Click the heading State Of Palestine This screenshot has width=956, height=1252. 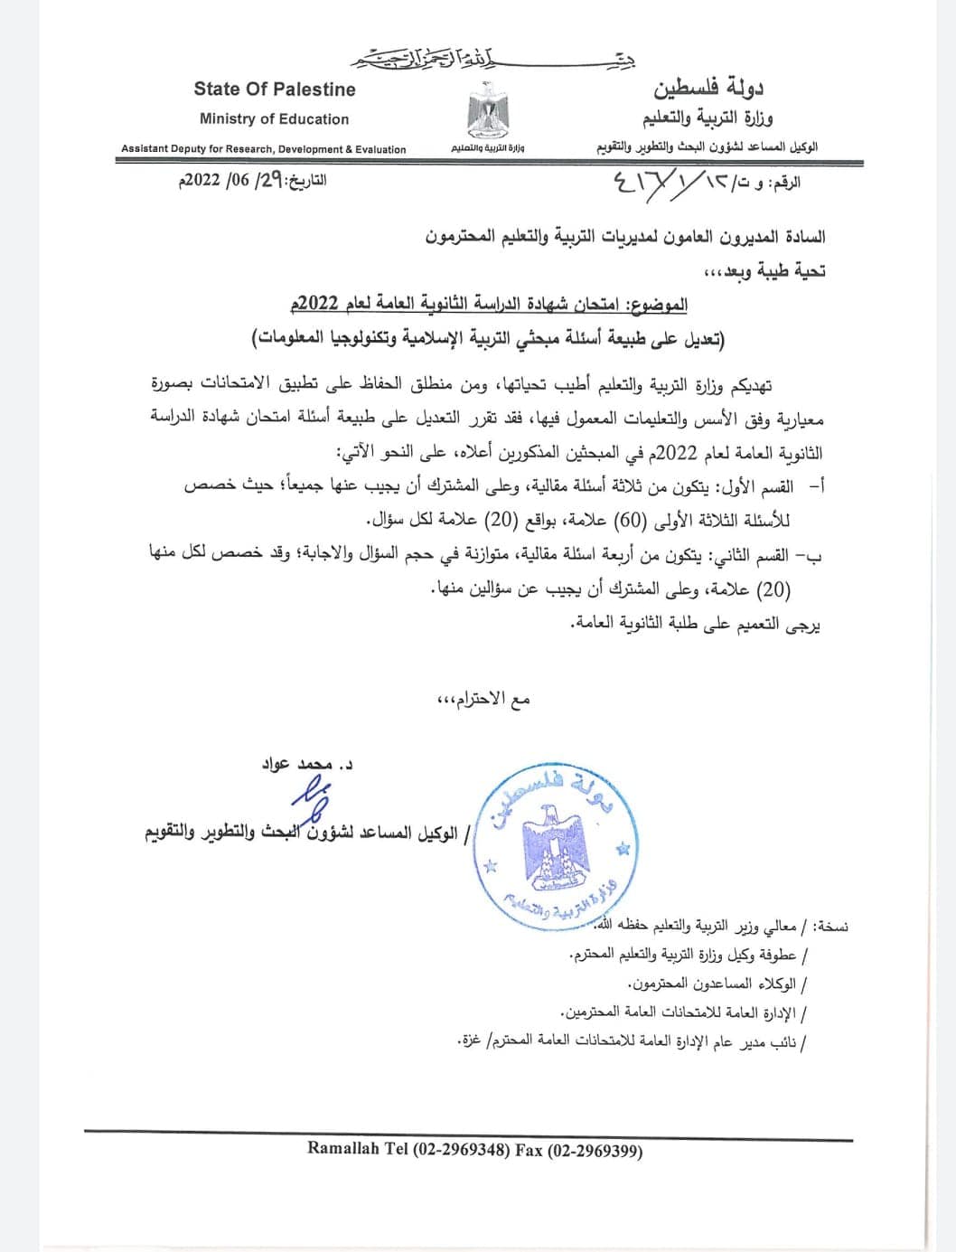click(274, 89)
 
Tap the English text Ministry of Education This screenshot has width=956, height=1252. click(274, 119)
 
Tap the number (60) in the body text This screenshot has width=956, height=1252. click(633, 521)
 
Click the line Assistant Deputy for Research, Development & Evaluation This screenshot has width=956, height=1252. click(264, 149)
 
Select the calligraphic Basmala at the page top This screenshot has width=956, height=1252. click(425, 61)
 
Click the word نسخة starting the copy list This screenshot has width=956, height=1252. click(830, 927)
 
